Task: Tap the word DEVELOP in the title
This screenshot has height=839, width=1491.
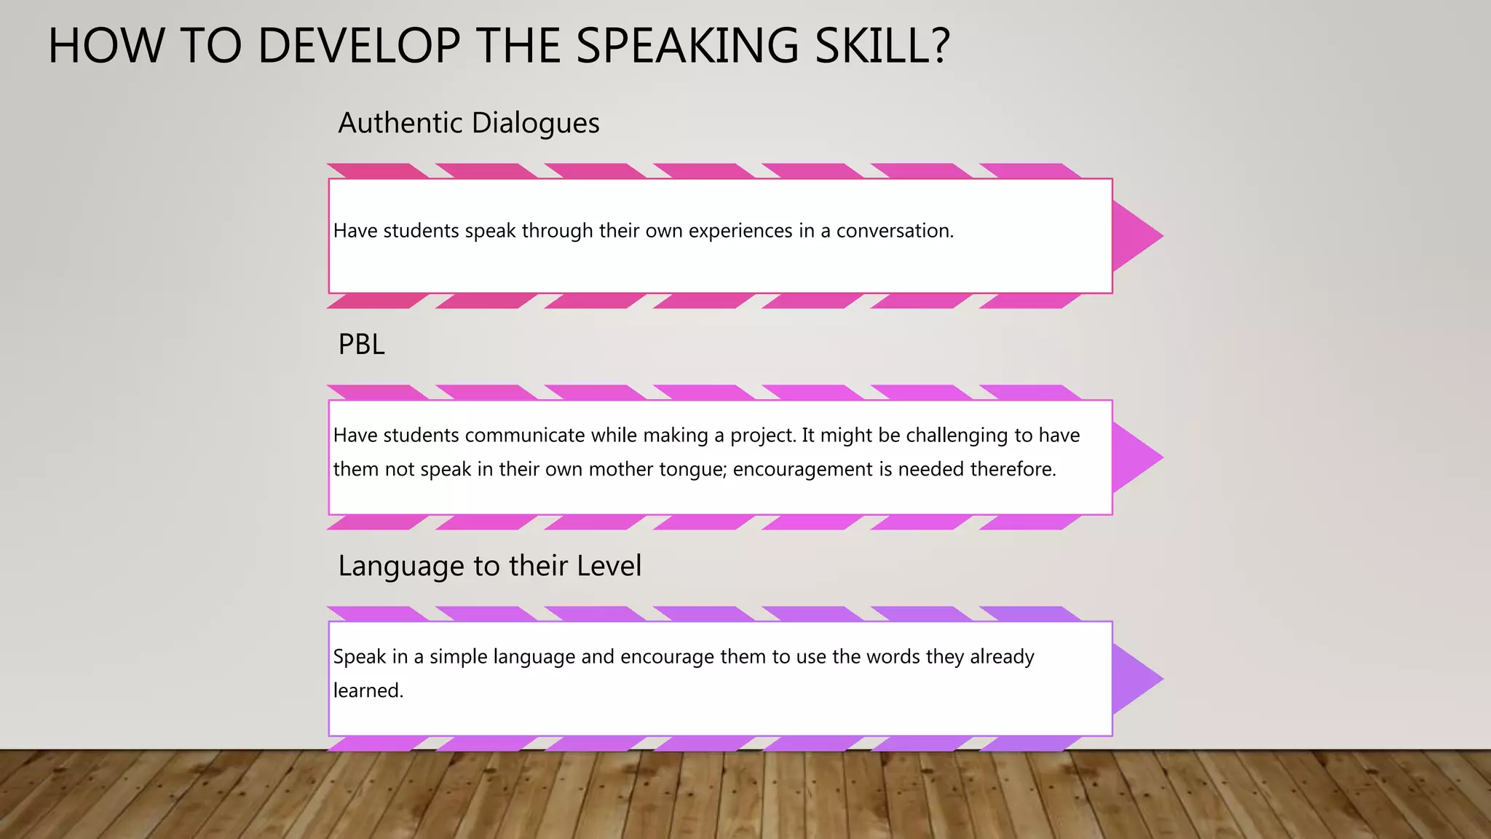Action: coord(358,46)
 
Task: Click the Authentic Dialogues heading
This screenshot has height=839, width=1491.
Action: coord(469,123)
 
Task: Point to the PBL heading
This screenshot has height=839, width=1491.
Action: coord(361,344)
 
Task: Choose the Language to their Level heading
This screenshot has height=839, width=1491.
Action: coord(489,566)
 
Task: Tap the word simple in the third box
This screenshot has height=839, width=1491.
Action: coord(458,658)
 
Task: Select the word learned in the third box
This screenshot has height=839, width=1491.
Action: coord(368,690)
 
